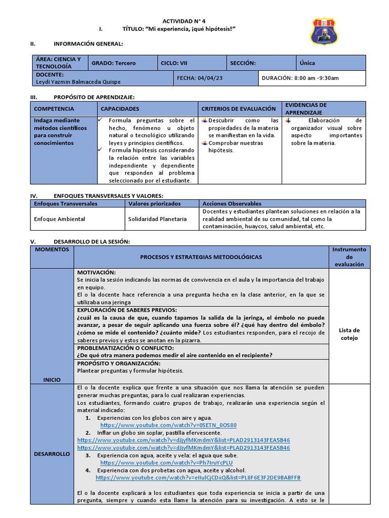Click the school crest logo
coord(324,31)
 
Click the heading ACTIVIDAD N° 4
coord(184,21)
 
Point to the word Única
coord(307,63)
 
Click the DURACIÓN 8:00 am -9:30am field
coord(300,78)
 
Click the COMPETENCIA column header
coord(54,109)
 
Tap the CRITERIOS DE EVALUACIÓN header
coord(239,109)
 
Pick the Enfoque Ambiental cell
coord(59,219)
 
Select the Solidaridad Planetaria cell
coord(158,219)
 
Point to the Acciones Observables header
coord(232,203)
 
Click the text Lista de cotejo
coord(349,334)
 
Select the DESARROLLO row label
coord(52,454)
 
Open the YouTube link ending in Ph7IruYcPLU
coord(167,462)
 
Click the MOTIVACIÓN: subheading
coord(96,272)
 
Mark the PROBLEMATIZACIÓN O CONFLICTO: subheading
coord(125,348)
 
